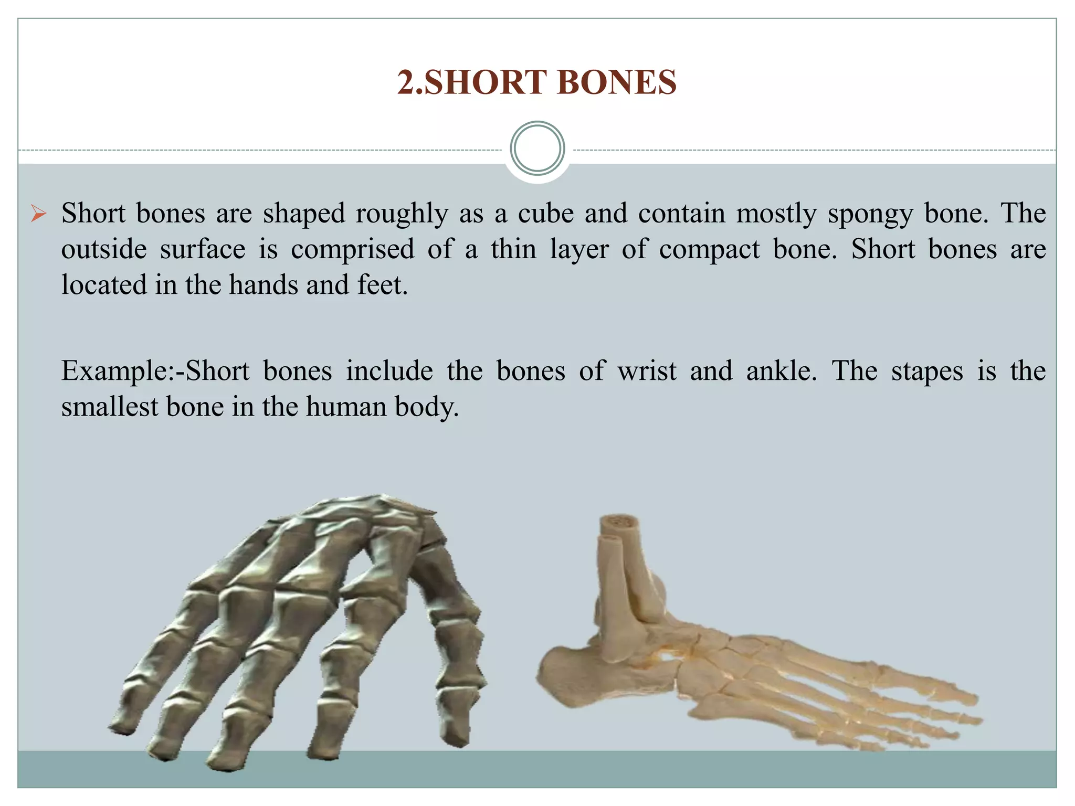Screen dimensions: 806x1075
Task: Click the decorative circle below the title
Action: (537, 149)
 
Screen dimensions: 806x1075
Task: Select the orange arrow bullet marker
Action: (38, 214)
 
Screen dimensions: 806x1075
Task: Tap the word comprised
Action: (352, 250)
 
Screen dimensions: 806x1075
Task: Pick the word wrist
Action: (647, 371)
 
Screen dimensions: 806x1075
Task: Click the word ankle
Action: (781, 371)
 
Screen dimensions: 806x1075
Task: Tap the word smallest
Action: (110, 407)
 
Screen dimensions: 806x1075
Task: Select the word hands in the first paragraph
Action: (263, 285)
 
